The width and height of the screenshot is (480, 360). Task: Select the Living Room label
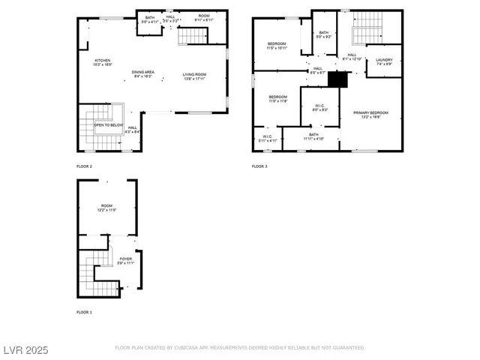tap(193, 75)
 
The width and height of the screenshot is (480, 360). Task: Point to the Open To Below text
tap(109, 125)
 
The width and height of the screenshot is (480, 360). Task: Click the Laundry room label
tap(384, 60)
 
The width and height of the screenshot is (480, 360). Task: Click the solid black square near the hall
tap(339, 78)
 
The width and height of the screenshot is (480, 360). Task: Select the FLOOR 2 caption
tap(84, 166)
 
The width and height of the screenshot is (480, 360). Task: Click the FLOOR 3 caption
tap(259, 166)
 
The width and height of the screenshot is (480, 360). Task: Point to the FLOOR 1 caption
tap(84, 311)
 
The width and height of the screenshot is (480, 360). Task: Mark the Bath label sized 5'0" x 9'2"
tap(324, 34)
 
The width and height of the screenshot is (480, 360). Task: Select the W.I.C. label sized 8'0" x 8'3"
tap(319, 107)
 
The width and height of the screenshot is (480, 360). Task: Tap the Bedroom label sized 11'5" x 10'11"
tap(277, 46)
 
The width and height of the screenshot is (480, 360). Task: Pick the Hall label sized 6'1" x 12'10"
tap(352, 56)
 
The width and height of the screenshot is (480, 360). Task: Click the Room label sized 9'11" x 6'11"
tap(204, 17)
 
